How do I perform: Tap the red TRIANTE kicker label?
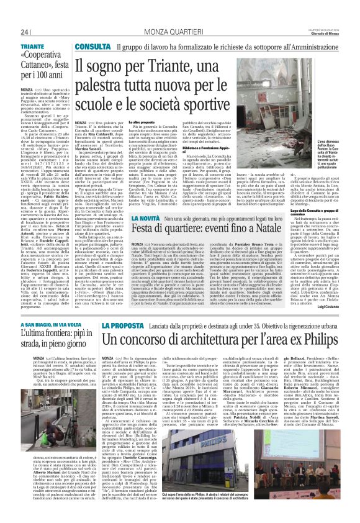pyautogui.click(x=32, y=47)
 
